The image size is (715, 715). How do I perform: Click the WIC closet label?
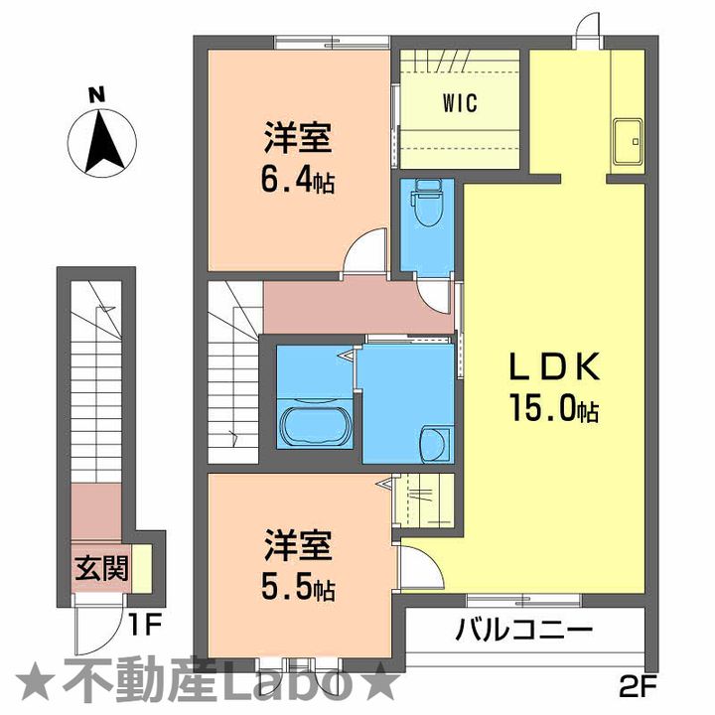click(x=460, y=102)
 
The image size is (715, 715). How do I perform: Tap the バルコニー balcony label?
click(x=524, y=630)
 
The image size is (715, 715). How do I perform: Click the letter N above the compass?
click(x=96, y=96)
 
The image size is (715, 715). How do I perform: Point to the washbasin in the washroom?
click(x=434, y=441)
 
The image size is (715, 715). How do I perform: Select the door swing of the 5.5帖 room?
click(x=414, y=567)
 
